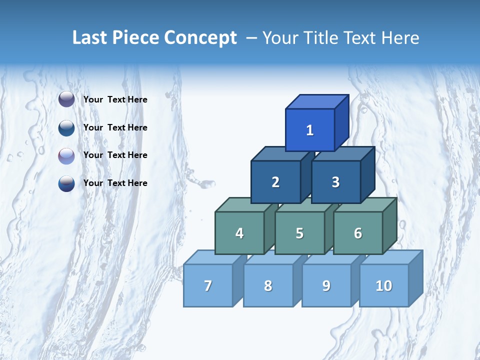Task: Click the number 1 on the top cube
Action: (310, 130)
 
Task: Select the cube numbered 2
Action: (275, 182)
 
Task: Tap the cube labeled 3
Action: (335, 182)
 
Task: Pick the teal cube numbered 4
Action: (239, 233)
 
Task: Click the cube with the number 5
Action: (299, 233)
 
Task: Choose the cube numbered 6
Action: (358, 233)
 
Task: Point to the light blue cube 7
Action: (208, 285)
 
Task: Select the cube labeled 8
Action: (268, 285)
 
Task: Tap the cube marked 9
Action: (326, 285)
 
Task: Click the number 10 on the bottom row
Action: (383, 285)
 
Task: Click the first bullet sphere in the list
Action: (66, 99)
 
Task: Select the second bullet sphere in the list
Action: (66, 127)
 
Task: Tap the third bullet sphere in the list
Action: (66, 155)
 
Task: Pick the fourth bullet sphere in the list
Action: (66, 183)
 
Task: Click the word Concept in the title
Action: (200, 38)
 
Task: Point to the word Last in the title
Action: (90, 38)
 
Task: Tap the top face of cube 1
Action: (317, 101)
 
